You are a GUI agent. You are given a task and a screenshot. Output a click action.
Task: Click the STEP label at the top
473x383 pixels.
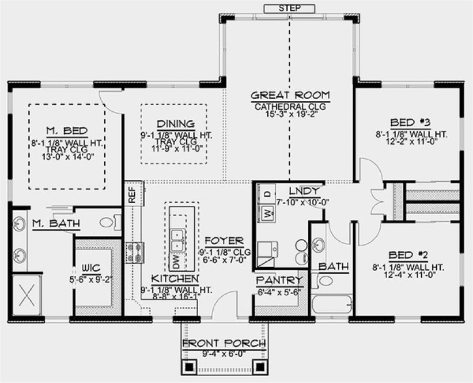coord(289,8)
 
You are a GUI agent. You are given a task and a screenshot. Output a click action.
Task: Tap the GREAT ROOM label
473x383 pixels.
coord(290,95)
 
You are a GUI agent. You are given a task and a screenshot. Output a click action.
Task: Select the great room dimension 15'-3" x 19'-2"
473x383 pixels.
coord(290,114)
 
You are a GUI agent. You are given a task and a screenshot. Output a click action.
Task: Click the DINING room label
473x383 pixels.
coord(175,124)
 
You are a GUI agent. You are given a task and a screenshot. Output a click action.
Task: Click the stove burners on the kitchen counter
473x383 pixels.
coord(135,252)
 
